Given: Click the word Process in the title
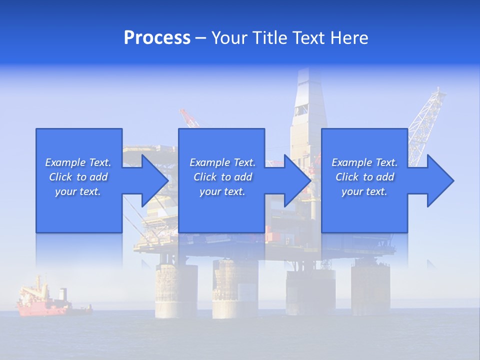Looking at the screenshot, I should click(x=157, y=38).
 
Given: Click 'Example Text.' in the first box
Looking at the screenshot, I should click(x=78, y=162).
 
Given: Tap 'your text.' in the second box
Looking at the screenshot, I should click(x=222, y=191).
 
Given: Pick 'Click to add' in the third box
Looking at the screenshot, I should click(x=364, y=177).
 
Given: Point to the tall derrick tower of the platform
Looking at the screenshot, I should click(x=308, y=110).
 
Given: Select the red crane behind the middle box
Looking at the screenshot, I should click(x=189, y=118).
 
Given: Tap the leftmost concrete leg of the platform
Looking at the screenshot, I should click(x=176, y=290).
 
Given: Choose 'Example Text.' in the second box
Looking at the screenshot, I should click(x=222, y=162).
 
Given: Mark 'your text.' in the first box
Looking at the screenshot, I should click(x=78, y=191).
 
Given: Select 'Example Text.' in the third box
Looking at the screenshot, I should click(x=364, y=162).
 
